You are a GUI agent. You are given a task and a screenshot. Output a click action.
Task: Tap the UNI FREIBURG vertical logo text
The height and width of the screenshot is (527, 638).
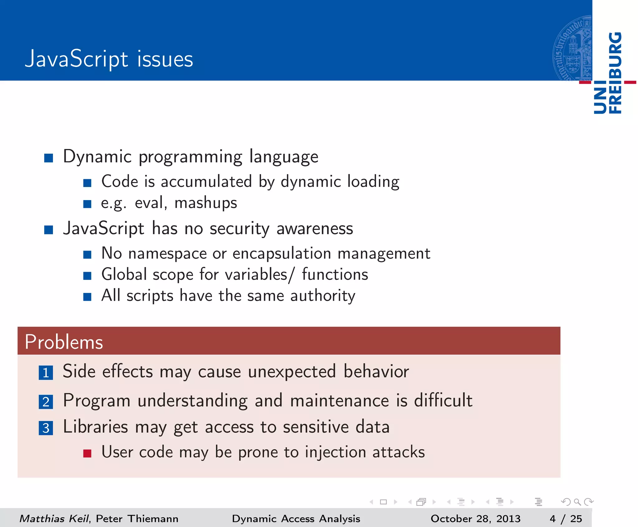[608, 73]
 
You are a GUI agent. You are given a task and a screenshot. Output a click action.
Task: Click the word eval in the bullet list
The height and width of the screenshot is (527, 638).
[149, 203]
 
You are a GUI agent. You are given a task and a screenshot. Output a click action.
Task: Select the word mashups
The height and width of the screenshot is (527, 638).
[206, 203]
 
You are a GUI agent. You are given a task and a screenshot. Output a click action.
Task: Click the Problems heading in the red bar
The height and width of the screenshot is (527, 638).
[64, 342]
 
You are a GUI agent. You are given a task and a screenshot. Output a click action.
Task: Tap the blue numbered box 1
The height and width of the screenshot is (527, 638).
[46, 372]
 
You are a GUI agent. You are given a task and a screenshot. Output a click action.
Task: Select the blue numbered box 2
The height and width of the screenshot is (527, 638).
[46, 402]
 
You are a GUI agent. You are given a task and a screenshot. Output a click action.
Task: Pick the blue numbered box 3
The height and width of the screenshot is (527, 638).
[46, 428]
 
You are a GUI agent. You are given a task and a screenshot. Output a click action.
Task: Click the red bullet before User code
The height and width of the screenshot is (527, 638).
[87, 453]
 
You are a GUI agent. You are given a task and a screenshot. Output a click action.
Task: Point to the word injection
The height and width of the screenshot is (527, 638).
[335, 452]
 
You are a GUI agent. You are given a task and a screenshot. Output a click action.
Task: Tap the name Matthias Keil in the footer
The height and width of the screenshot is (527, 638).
[54, 519]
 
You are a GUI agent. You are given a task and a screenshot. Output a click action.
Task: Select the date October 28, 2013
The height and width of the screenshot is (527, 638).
[475, 519]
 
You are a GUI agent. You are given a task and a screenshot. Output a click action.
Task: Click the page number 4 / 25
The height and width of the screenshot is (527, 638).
[565, 519]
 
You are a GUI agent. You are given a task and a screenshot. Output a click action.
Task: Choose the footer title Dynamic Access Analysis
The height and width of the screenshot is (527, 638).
[296, 519]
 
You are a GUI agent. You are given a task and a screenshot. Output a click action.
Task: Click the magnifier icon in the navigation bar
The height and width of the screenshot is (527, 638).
[577, 502]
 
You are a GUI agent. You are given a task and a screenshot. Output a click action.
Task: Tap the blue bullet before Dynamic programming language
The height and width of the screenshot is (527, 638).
[49, 158]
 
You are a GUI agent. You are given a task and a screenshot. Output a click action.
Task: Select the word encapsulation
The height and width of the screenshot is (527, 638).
[282, 253]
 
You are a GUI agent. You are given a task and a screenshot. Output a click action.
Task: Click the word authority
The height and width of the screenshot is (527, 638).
[322, 295]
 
